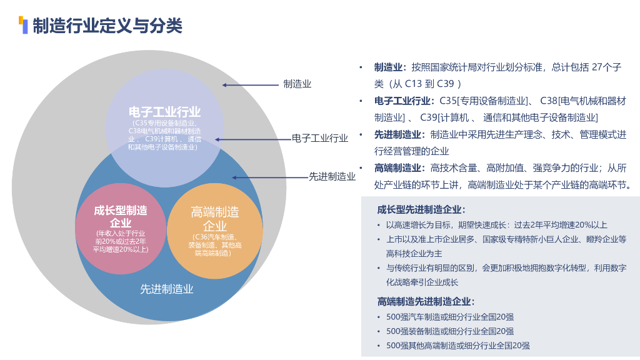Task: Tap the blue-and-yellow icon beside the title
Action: (x=23, y=25)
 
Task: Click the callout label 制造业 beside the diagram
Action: (x=297, y=84)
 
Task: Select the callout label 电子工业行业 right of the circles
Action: (x=320, y=138)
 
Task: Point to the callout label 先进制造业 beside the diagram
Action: (x=332, y=177)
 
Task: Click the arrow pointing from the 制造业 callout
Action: (x=250, y=84)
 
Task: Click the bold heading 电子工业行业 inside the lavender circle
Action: (x=164, y=112)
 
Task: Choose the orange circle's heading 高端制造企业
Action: (x=214, y=219)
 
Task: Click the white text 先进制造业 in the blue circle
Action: (x=166, y=289)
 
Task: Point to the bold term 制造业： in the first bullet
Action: (x=391, y=67)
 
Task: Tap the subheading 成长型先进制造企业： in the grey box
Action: (x=421, y=210)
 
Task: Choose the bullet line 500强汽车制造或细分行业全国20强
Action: (x=450, y=317)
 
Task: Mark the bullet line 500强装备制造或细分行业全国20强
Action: (x=450, y=331)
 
